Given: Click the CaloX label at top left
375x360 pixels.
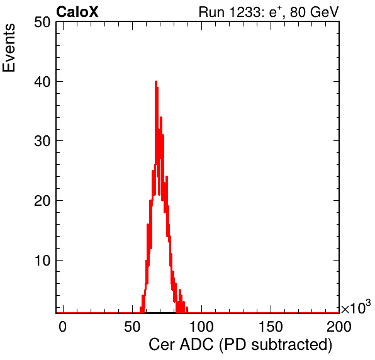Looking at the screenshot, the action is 77,11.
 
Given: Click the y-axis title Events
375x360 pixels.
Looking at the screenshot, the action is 9,48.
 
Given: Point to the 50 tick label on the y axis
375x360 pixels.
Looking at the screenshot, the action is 42,23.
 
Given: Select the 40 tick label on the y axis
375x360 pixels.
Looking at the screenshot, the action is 42,82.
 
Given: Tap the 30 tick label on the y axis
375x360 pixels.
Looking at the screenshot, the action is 42,141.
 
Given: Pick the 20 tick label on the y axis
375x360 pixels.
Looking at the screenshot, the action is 42,200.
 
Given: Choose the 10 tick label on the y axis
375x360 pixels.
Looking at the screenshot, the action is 42,260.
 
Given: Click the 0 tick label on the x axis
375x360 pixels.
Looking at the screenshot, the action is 63,327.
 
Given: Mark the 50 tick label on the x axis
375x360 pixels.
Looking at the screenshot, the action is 132,327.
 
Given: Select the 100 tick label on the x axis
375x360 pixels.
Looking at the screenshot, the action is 201,327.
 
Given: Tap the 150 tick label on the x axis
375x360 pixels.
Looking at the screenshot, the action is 271,327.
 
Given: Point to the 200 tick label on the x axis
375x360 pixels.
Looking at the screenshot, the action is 339,327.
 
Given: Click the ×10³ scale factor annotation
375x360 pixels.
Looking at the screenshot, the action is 356,307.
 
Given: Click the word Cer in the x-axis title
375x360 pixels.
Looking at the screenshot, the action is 162,345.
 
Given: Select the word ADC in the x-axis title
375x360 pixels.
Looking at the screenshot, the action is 196,345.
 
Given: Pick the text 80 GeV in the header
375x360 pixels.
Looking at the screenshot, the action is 315,12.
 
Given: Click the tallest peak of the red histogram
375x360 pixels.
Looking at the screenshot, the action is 156,82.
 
